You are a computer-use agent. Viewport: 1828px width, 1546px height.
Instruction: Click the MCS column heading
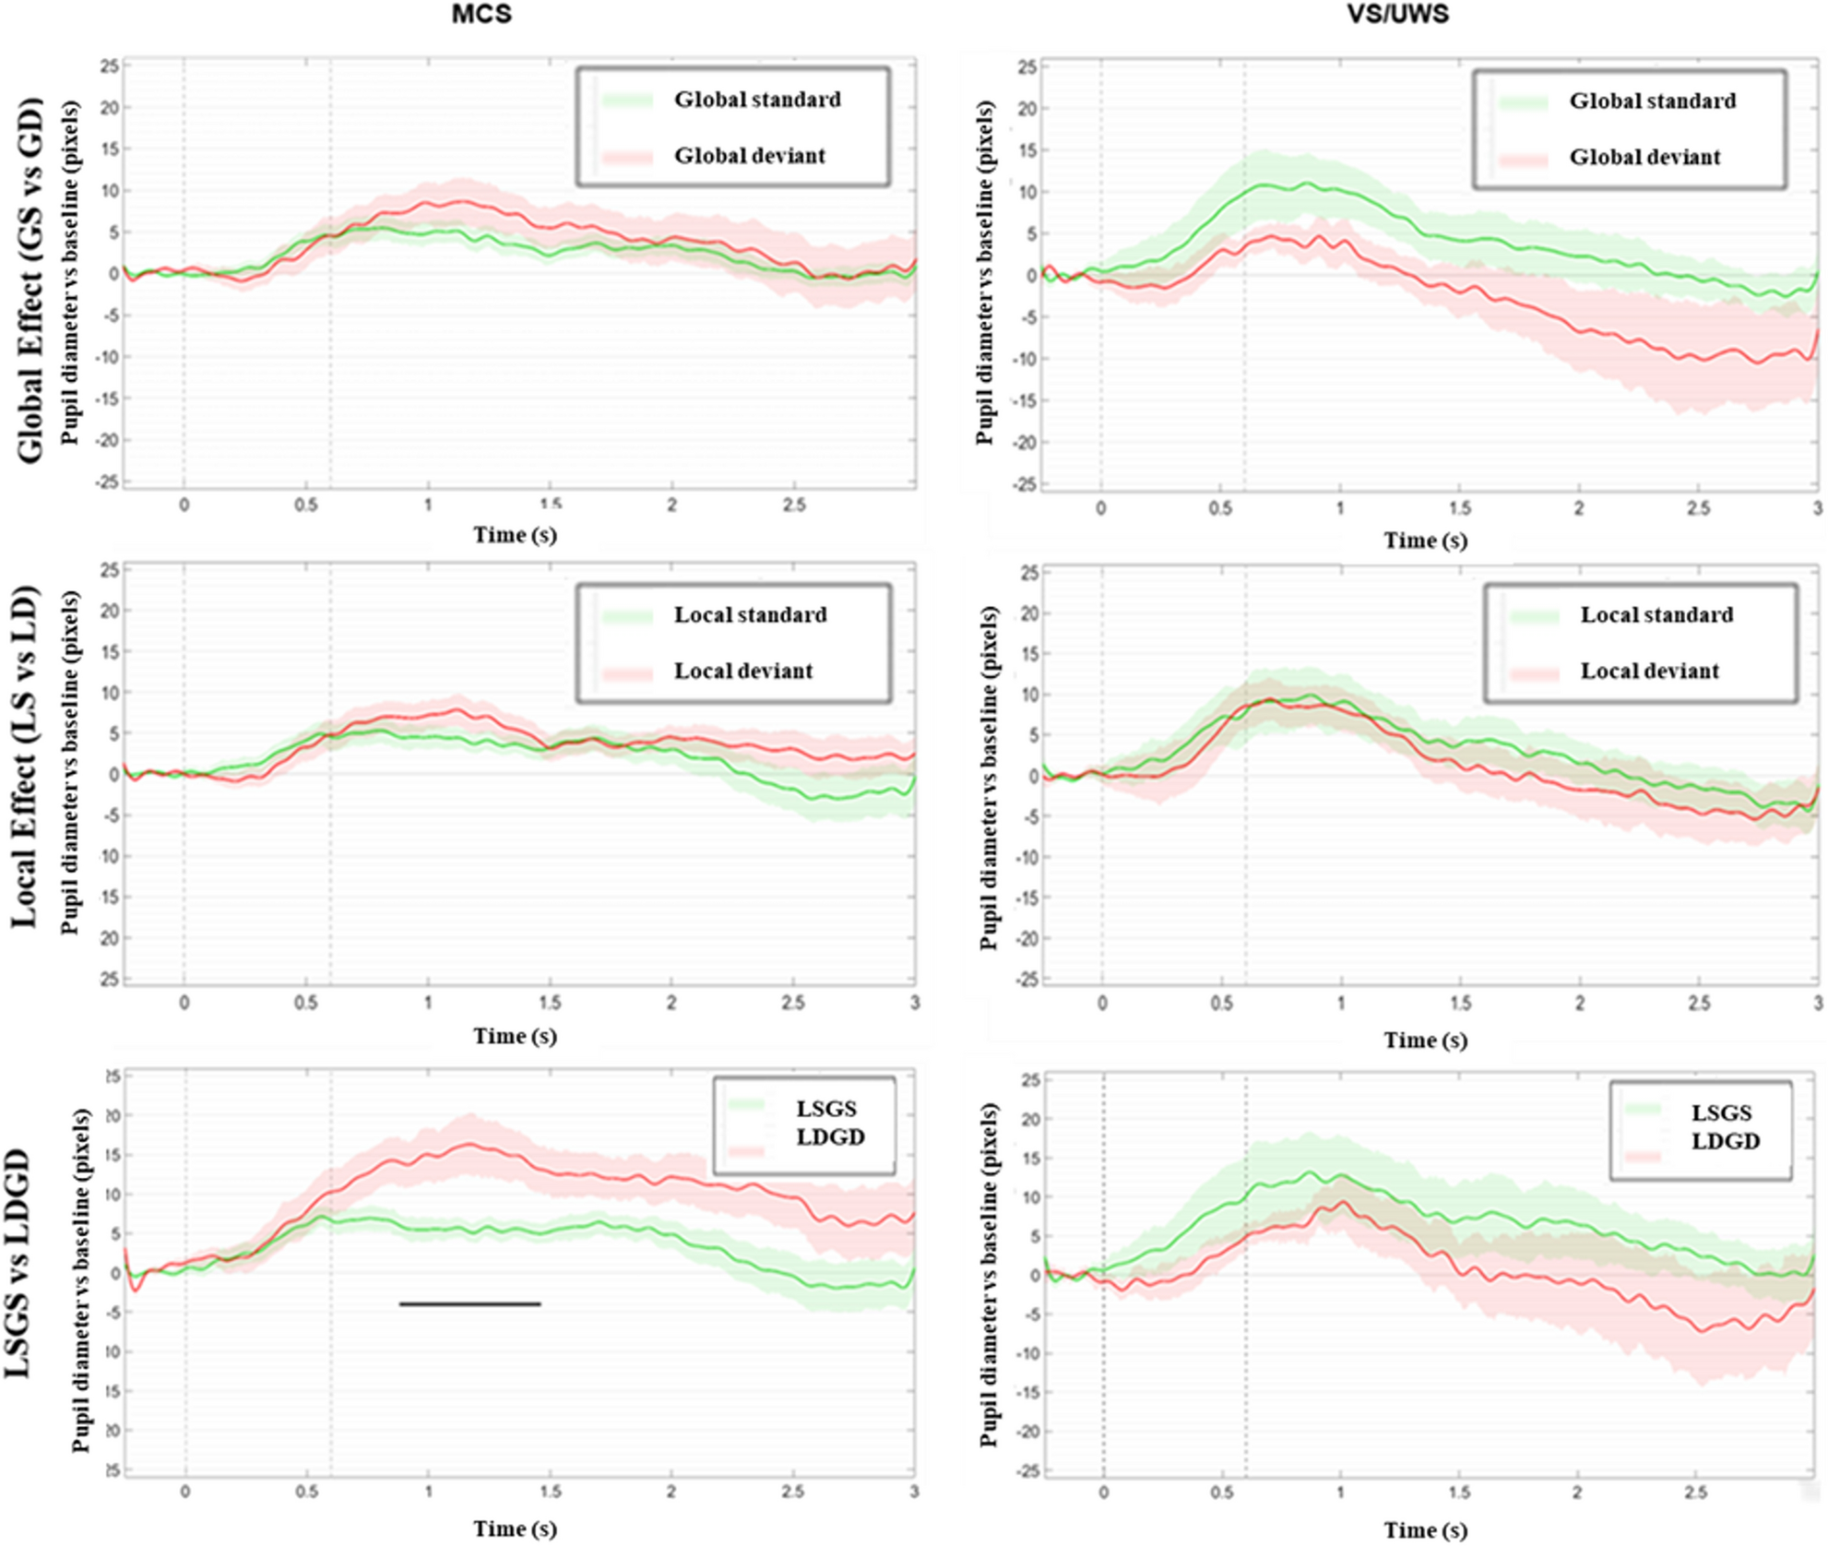[x=481, y=15]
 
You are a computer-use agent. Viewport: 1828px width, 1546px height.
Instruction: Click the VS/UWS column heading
[x=1397, y=15]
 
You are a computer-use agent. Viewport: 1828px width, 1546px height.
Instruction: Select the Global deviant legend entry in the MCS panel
[x=749, y=156]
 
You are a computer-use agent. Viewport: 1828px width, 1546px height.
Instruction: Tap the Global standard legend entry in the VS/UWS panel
[x=1652, y=101]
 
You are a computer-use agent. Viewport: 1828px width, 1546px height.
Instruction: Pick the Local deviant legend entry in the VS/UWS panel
[x=1649, y=672]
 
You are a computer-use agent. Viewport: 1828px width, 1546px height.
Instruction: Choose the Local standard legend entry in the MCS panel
[x=750, y=615]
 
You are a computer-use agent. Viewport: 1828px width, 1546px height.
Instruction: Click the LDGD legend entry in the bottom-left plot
[x=830, y=1137]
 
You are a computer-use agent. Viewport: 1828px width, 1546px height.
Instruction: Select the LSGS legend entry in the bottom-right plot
[x=1721, y=1113]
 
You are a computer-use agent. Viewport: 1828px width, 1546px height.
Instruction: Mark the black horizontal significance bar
[x=469, y=1303]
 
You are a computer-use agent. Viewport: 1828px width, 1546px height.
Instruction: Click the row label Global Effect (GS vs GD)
[x=30, y=279]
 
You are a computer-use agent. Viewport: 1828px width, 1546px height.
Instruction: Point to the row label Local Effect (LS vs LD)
[x=26, y=756]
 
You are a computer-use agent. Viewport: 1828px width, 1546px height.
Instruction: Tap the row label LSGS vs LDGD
[x=18, y=1263]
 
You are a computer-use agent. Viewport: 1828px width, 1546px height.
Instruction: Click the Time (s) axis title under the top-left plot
[x=515, y=535]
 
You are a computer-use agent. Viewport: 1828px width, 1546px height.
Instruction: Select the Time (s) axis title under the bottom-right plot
[x=1425, y=1530]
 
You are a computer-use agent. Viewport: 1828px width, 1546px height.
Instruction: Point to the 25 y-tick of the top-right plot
[x=1027, y=67]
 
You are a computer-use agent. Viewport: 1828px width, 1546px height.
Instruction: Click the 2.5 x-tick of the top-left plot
[x=793, y=505]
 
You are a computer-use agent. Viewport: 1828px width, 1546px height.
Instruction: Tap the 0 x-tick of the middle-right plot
[x=1102, y=1004]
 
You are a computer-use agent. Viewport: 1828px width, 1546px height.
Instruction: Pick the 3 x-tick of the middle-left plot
[x=914, y=1003]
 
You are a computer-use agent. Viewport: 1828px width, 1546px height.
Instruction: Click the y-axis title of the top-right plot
[x=985, y=273]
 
